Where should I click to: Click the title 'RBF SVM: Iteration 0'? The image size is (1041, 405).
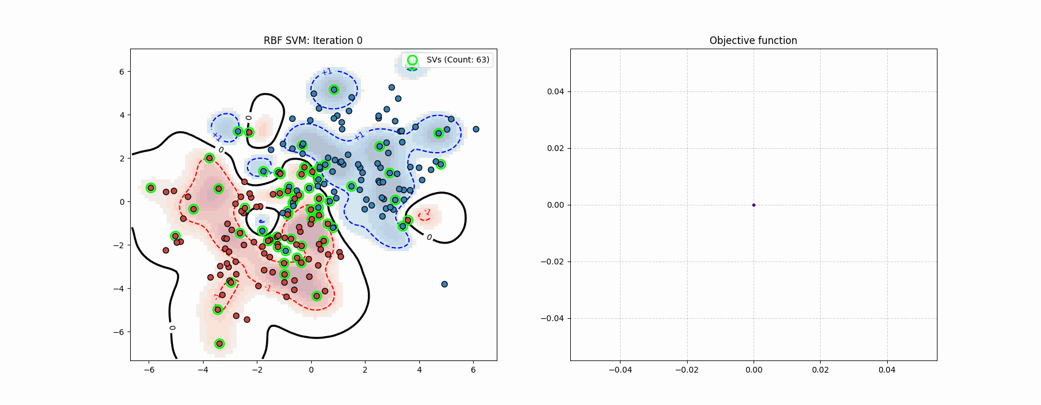[313, 41]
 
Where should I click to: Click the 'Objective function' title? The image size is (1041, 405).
[753, 41]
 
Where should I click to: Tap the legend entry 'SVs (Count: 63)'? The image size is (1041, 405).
[457, 60]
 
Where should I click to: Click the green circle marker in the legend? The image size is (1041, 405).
[412, 60]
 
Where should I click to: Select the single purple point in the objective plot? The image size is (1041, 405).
[754, 205]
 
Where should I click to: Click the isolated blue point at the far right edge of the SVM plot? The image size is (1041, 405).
[476, 129]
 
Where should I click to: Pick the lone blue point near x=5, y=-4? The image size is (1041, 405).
[444, 284]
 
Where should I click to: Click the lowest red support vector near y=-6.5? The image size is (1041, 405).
[219, 344]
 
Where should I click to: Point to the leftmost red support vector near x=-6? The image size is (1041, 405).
[151, 187]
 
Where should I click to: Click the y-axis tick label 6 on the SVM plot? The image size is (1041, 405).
[121, 72]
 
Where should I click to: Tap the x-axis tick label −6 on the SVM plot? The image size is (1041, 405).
[149, 370]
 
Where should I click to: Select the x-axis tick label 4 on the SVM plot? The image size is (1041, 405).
[419, 370]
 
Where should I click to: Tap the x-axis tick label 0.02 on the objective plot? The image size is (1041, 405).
[820, 370]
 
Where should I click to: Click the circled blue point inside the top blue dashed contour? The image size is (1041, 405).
[334, 90]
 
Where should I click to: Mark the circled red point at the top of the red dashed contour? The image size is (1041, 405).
[209, 158]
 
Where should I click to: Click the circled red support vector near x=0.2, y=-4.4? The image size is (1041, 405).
[316, 296]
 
